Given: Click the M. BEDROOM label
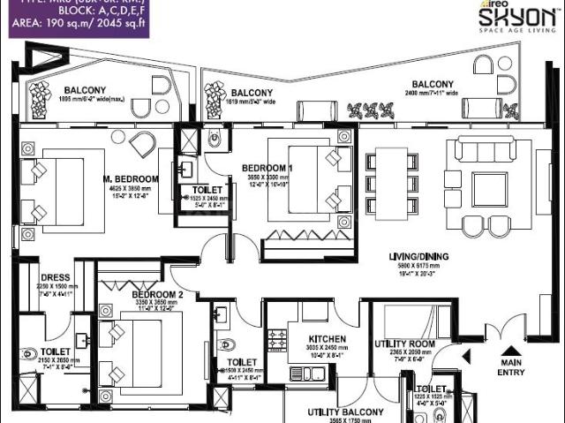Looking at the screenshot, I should coord(130,178).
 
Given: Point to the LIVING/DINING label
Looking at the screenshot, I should coord(418,258).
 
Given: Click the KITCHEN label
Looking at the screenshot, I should coord(327,338).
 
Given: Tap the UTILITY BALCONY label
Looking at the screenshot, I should coord(345,412).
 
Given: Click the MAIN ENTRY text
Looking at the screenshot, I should coord(512,366).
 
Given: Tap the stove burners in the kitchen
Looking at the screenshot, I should coord(277,339).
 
